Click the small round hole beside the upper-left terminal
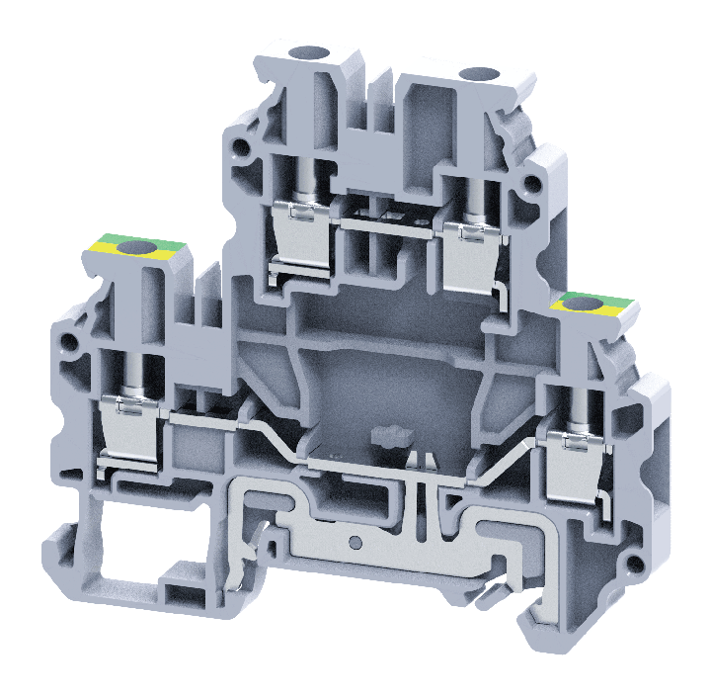click(x=240, y=149)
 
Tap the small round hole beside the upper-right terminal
click(x=532, y=182)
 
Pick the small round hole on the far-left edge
click(x=68, y=345)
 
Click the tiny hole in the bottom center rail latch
click(x=353, y=543)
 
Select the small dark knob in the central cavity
click(x=386, y=436)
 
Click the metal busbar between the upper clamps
click(x=385, y=224)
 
